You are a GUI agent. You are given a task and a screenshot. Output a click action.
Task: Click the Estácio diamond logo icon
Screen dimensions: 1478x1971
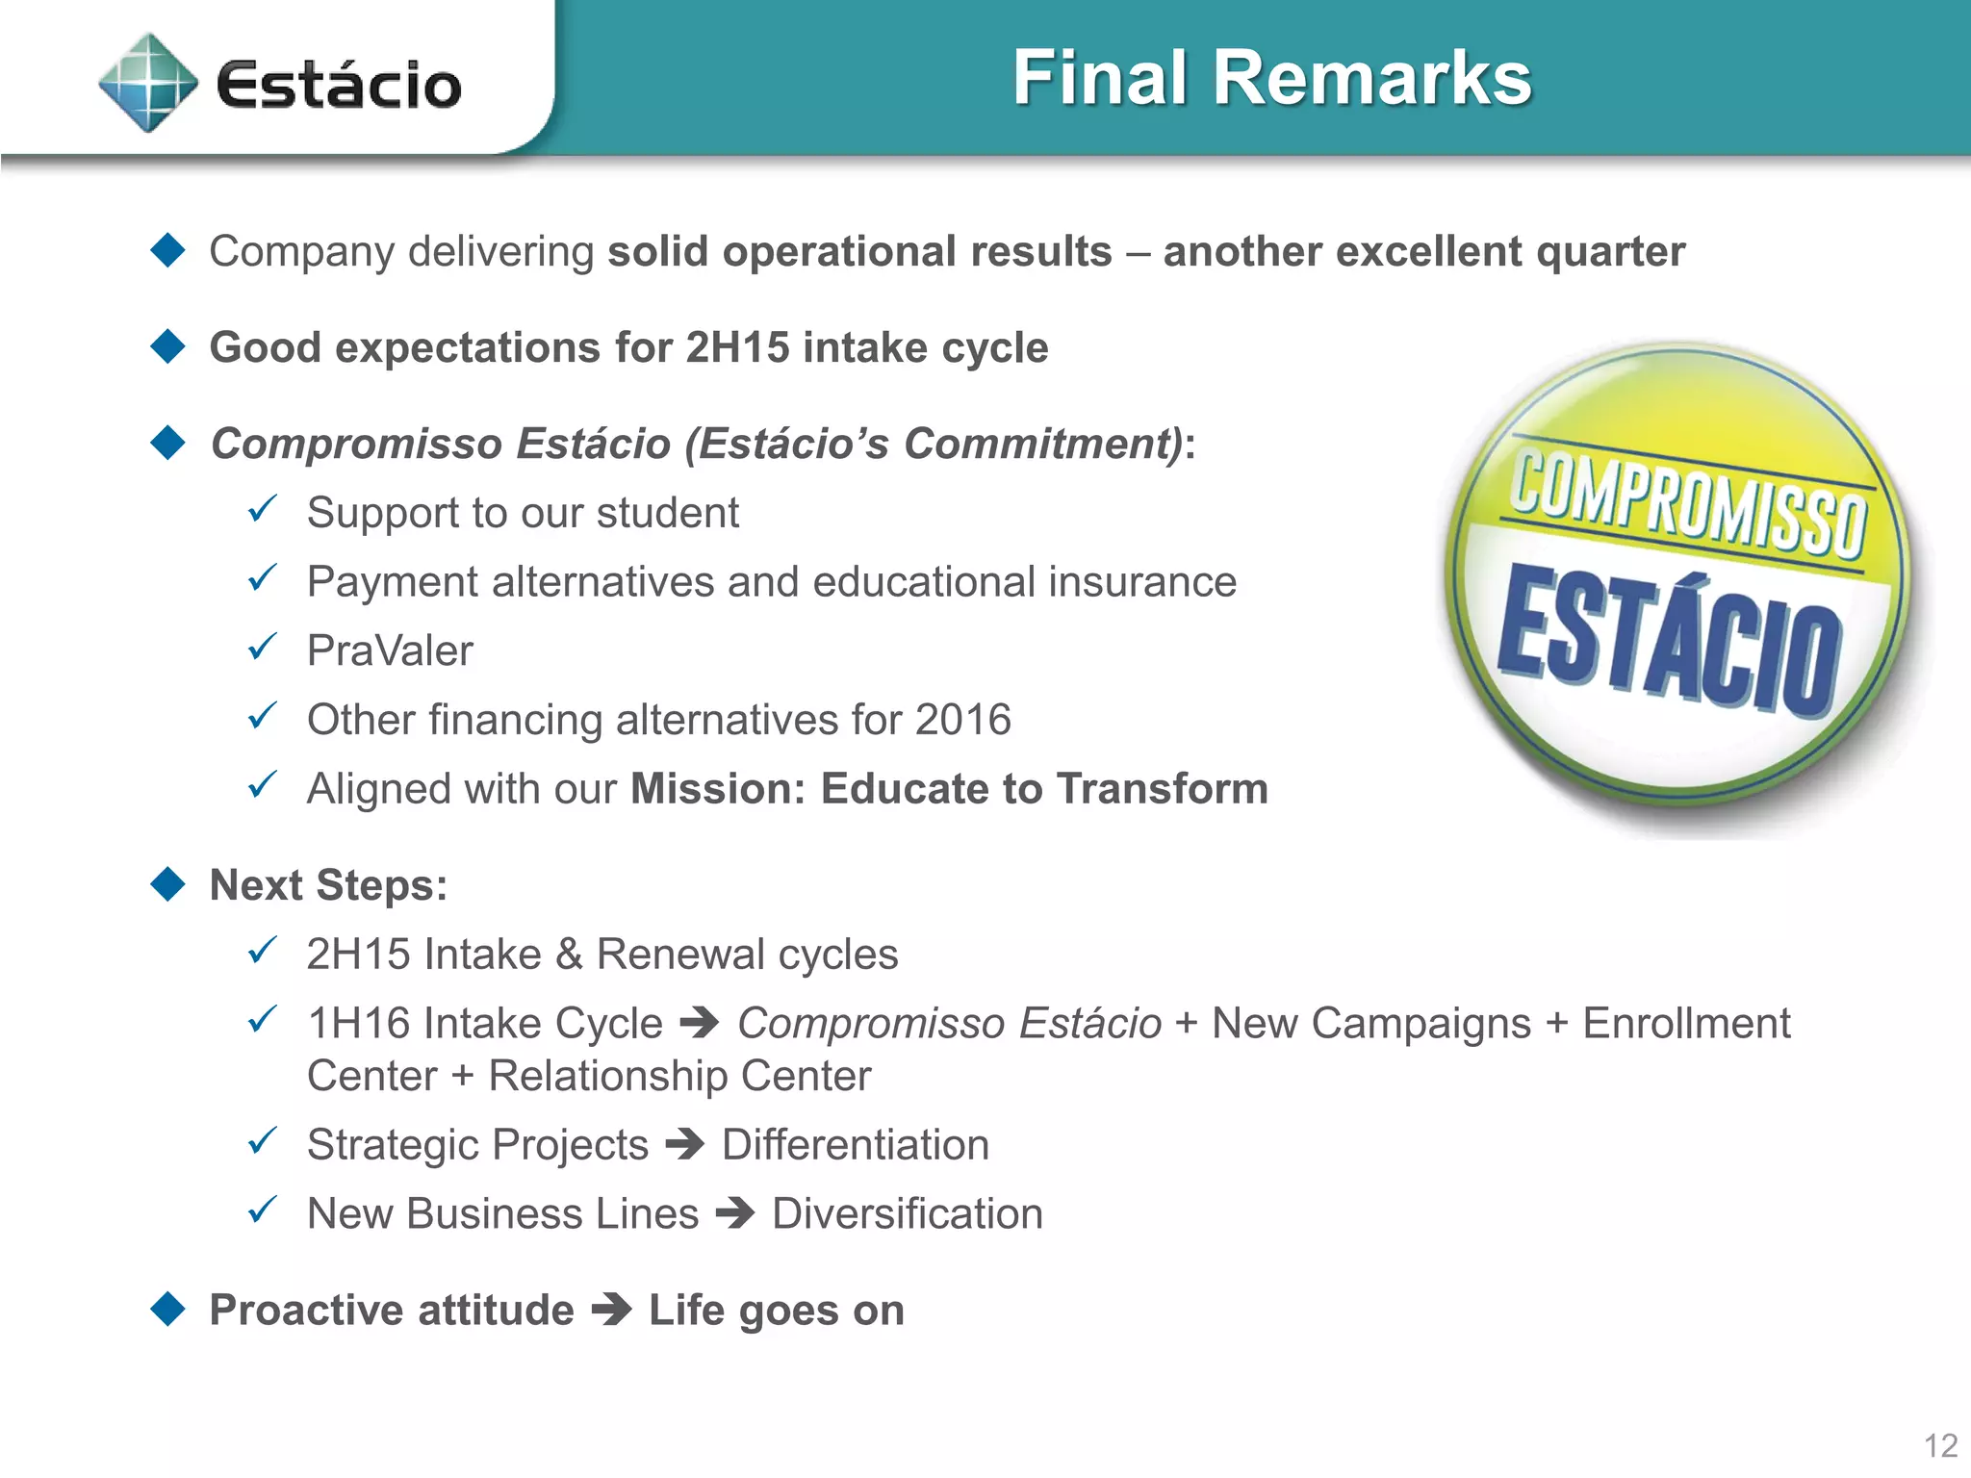coord(148,83)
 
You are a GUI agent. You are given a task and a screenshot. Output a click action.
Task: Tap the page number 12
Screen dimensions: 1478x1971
coord(1939,1445)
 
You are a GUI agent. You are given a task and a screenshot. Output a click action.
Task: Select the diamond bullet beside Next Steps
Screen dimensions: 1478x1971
coord(168,884)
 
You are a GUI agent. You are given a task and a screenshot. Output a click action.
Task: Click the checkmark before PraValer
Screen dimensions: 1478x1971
coord(263,648)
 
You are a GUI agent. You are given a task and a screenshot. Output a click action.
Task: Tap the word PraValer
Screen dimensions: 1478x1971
coord(390,651)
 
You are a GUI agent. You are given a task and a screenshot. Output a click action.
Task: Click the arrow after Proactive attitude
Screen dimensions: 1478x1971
coord(611,1310)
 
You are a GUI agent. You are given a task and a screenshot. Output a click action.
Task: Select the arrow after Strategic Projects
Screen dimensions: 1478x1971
coord(684,1144)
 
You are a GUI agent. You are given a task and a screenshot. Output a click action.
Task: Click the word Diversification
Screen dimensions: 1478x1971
coord(907,1213)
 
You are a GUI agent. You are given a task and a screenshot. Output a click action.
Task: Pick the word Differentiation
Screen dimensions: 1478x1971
coord(855,1145)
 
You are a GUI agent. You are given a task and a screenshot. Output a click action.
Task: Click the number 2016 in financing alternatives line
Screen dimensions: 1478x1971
coord(962,720)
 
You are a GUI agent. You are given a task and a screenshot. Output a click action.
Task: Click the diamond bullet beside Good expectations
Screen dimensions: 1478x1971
coord(168,346)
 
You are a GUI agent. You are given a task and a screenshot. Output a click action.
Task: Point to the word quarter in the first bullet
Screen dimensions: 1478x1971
coord(1610,252)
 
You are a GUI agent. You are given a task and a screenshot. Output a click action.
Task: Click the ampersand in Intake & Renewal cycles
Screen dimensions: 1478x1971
coord(569,955)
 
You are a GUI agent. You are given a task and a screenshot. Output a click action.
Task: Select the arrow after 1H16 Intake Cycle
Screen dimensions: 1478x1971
coord(699,1023)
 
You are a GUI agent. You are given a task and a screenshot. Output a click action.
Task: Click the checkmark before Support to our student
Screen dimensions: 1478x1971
coord(263,509)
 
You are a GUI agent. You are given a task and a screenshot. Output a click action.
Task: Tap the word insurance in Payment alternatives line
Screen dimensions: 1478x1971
coord(1141,582)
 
